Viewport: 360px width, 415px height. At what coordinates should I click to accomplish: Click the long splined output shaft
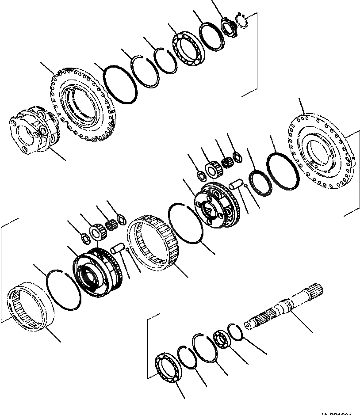click(x=283, y=307)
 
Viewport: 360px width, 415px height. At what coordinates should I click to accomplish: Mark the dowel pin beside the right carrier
click(x=236, y=182)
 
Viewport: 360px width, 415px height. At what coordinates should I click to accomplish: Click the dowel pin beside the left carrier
click(x=118, y=249)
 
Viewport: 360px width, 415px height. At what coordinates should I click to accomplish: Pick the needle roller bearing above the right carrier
click(x=228, y=162)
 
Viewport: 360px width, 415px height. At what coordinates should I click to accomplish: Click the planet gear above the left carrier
click(x=96, y=232)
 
